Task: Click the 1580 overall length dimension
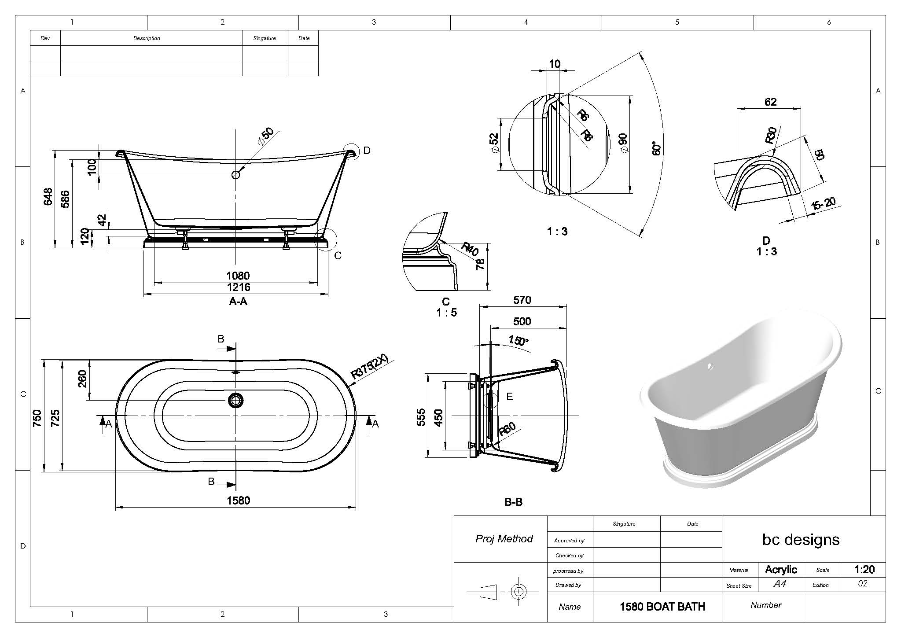click(x=238, y=501)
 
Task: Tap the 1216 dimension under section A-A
click(x=238, y=287)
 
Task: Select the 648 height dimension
click(x=48, y=196)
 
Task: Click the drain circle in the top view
click(x=235, y=400)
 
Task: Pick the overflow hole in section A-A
click(x=235, y=175)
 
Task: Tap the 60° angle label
click(x=656, y=148)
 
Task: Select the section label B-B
click(x=513, y=502)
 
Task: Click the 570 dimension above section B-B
click(x=522, y=300)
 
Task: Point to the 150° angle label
click(x=518, y=341)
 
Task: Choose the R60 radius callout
click(x=507, y=429)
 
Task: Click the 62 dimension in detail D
click(x=770, y=102)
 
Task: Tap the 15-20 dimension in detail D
click(x=824, y=204)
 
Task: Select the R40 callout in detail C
click(x=470, y=249)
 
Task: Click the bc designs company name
click(x=801, y=539)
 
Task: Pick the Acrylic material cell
click(x=781, y=570)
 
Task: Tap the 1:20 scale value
click(x=864, y=570)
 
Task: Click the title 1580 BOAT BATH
click(x=662, y=607)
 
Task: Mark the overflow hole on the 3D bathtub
click(x=710, y=366)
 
